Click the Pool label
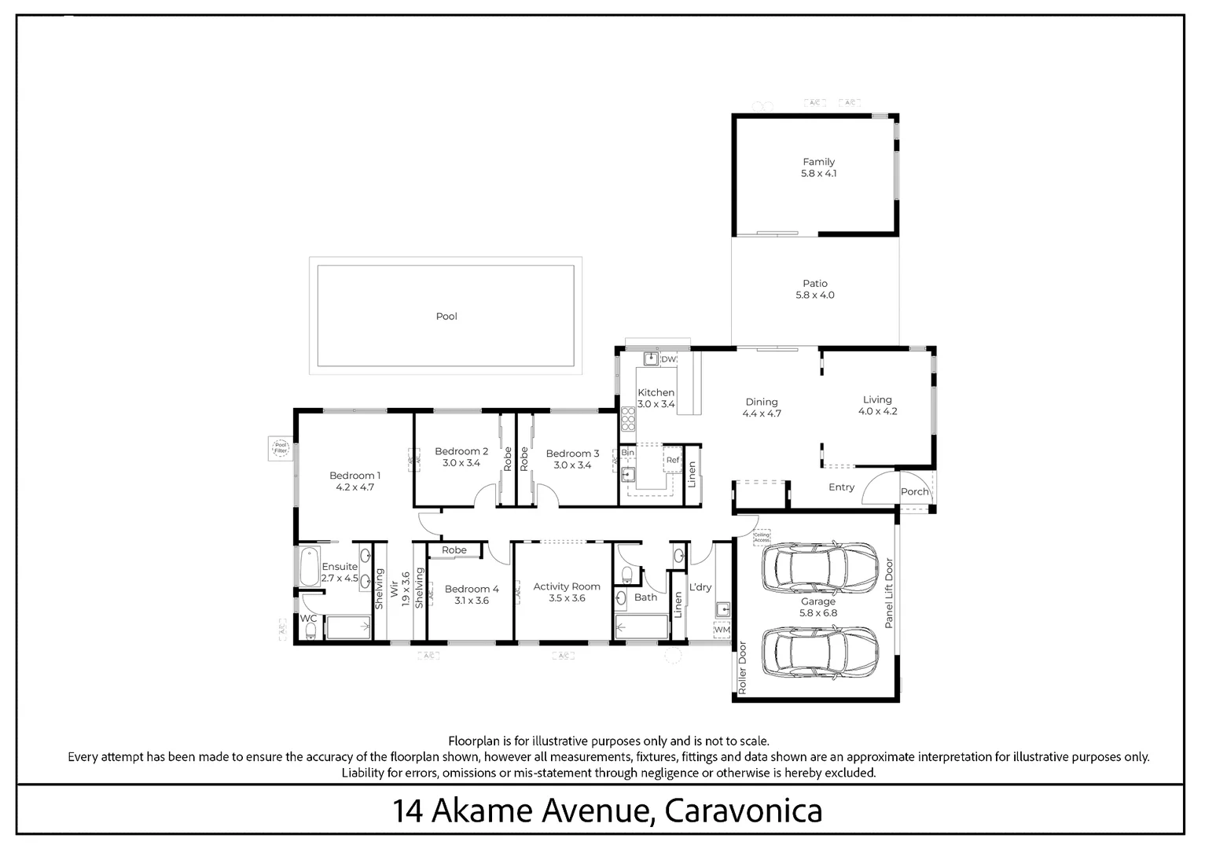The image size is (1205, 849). coord(446,316)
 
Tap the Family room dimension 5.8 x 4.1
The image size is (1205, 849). coord(818,174)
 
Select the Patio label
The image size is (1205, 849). coord(815,283)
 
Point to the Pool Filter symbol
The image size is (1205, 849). coord(281,449)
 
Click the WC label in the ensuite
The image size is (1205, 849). coord(309,619)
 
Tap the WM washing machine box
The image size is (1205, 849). coord(722,630)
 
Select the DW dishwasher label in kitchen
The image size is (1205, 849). coord(668,359)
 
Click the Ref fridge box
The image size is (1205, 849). coord(673,460)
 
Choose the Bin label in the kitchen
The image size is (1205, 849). coord(627,453)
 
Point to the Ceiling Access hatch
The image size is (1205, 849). coord(761,538)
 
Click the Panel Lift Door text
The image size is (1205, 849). coord(889,593)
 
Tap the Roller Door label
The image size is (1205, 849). coord(741,667)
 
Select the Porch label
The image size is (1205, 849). coord(914,492)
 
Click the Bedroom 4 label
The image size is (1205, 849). coord(472,589)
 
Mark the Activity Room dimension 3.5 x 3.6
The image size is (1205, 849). coord(566,598)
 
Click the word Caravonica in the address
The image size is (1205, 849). coord(743,810)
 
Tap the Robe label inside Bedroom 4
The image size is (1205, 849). coord(454,550)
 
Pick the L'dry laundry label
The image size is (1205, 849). coord(700,587)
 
